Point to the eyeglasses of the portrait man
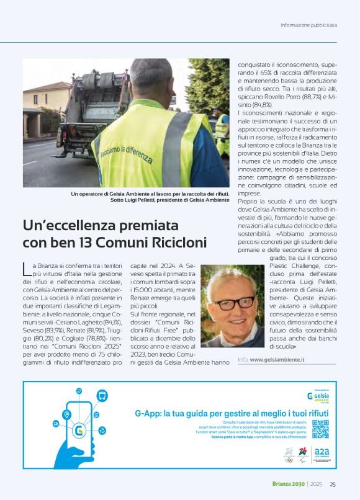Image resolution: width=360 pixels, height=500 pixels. click(x=233, y=303)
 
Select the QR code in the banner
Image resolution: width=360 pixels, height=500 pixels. click(x=320, y=429)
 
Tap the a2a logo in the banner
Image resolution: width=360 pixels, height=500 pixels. click(x=322, y=453)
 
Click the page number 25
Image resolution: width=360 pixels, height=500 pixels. click(x=333, y=484)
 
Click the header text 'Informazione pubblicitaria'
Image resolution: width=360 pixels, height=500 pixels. click(x=308, y=25)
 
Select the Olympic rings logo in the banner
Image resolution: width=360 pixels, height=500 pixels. click(x=289, y=460)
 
